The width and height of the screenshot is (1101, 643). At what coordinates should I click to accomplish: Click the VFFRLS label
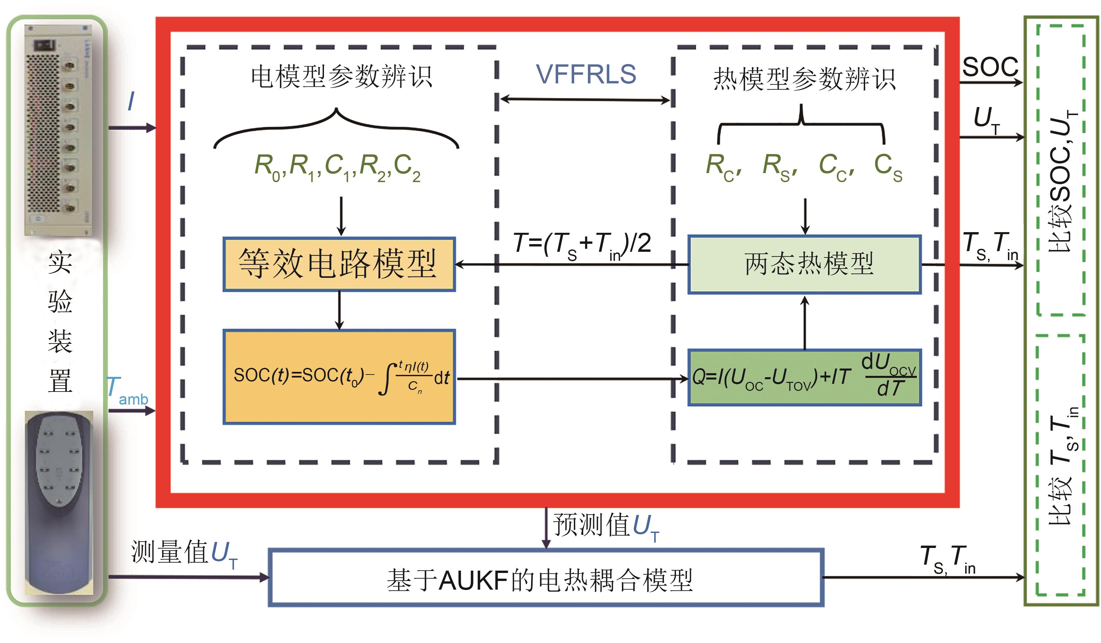pyautogui.click(x=586, y=74)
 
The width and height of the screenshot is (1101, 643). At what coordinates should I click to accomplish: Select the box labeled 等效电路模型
pyautogui.click(x=339, y=264)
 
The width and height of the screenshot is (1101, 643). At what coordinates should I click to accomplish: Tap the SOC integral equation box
pyautogui.click(x=339, y=377)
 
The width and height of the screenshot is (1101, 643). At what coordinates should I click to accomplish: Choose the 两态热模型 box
pyautogui.click(x=804, y=264)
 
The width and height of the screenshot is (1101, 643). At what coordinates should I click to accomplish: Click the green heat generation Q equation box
pyautogui.click(x=804, y=378)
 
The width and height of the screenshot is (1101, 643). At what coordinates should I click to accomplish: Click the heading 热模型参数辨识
pyautogui.click(x=804, y=79)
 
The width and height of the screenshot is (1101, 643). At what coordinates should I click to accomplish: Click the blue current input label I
pyautogui.click(x=131, y=102)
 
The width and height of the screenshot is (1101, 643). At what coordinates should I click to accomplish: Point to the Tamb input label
pyautogui.click(x=127, y=391)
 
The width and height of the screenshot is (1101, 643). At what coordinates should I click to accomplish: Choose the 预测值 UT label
pyautogui.click(x=606, y=526)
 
